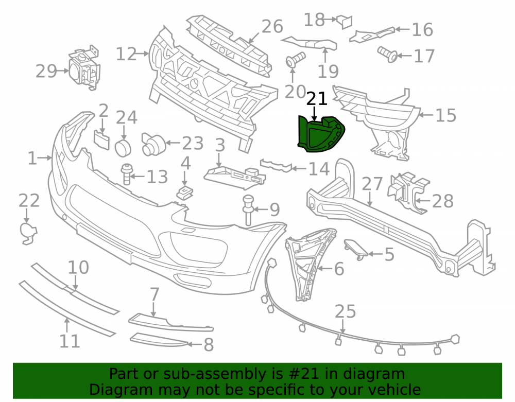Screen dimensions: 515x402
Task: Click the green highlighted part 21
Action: pos(320,134)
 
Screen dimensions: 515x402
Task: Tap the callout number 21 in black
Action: pos(317,99)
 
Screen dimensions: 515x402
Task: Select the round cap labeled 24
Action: pos(123,147)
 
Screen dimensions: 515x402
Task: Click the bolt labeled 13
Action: pos(127,174)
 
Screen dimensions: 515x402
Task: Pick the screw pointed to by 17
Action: pos(388,54)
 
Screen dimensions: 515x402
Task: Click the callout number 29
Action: pos(46,71)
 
